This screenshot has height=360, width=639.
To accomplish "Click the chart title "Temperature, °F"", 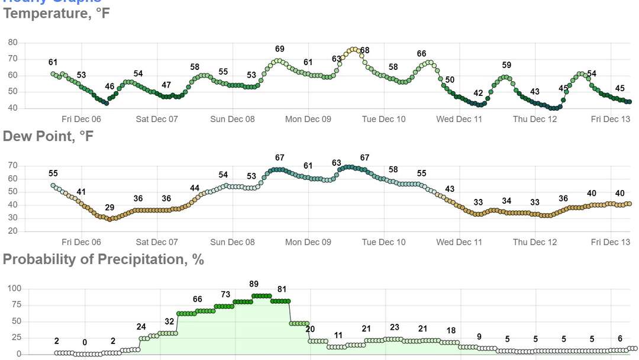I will point(57,13).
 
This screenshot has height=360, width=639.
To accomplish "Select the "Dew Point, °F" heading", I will point(49,136).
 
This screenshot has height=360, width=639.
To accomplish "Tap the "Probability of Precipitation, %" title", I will point(104,259).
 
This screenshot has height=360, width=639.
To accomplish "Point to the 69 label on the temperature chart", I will point(280,49).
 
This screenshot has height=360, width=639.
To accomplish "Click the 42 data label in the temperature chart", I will point(478,93).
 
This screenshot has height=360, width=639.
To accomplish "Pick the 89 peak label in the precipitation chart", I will point(254,284).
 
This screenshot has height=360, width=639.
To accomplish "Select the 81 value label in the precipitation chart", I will point(282,290).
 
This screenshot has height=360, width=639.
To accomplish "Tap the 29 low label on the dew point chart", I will point(109,208).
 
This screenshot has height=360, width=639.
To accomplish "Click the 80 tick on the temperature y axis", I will point(12,43).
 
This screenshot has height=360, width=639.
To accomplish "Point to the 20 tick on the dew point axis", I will point(12,231).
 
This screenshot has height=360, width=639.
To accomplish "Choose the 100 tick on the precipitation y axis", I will point(14,288).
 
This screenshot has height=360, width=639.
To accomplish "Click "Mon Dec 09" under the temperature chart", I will point(308,119).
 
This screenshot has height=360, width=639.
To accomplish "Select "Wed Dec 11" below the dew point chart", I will point(459,242).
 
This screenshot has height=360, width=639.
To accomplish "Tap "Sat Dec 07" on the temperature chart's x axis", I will point(157,119).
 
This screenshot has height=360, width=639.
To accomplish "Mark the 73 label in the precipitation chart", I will point(225,294).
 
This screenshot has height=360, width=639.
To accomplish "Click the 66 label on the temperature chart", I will point(421,54).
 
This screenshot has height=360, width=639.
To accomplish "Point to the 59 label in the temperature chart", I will point(506,65).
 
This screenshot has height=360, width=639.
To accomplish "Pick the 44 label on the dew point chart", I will point(195,188).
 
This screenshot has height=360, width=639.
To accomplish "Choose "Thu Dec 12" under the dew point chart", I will point(535,242).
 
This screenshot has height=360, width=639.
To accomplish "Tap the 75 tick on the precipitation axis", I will point(16,305).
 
